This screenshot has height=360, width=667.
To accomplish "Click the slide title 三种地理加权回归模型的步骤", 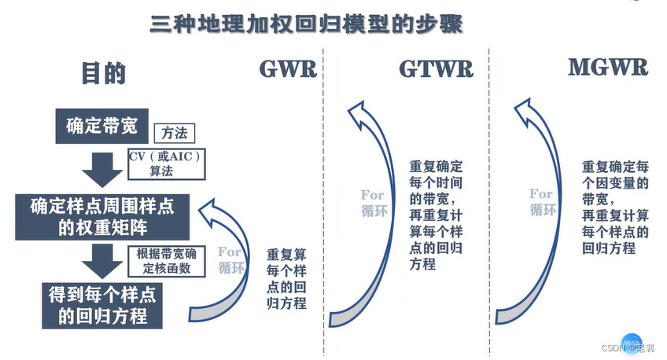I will point(307,23).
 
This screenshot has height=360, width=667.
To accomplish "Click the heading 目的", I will point(104,73).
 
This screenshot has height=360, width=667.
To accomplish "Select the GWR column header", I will point(288,69).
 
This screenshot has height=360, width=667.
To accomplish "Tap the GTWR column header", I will point(437,69).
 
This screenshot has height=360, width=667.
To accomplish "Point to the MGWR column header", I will point(608,67).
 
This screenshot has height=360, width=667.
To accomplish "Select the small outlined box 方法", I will point(174,134).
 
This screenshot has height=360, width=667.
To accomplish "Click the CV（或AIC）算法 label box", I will point(167,164).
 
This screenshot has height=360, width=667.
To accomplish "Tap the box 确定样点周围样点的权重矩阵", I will point(102,218).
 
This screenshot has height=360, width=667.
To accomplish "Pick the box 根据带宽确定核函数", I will point(165,260).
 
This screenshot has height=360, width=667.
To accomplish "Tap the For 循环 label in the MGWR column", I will point(542,201).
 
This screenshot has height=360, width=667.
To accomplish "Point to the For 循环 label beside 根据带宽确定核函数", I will point(230,260).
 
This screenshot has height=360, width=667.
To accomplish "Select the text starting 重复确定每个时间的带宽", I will point(437,215).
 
